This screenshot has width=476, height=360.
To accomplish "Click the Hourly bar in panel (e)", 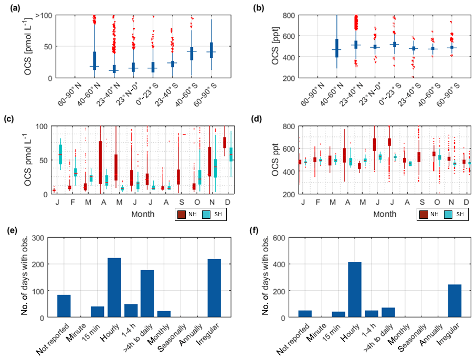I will click(114, 288).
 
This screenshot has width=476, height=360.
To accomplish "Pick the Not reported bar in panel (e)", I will click(64, 306).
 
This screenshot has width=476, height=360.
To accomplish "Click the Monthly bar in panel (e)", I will click(164, 314).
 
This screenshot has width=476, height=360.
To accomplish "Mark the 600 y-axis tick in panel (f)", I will click(285, 238).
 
